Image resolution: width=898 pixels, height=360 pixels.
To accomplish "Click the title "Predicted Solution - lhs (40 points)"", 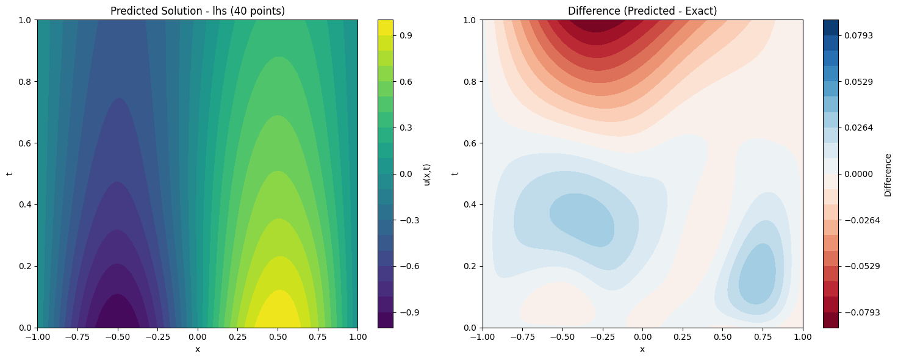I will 198,10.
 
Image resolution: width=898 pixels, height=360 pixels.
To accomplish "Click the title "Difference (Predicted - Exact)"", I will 642,10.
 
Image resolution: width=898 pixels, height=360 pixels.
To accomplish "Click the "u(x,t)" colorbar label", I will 427,174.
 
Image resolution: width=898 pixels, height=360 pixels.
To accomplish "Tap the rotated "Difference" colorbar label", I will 888,174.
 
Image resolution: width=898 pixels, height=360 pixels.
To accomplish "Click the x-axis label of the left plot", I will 198,349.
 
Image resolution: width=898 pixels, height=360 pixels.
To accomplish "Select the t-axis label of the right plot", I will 455,174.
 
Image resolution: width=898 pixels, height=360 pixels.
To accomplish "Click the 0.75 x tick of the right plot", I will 763,337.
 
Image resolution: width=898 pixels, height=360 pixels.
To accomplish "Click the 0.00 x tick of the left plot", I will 198,337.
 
